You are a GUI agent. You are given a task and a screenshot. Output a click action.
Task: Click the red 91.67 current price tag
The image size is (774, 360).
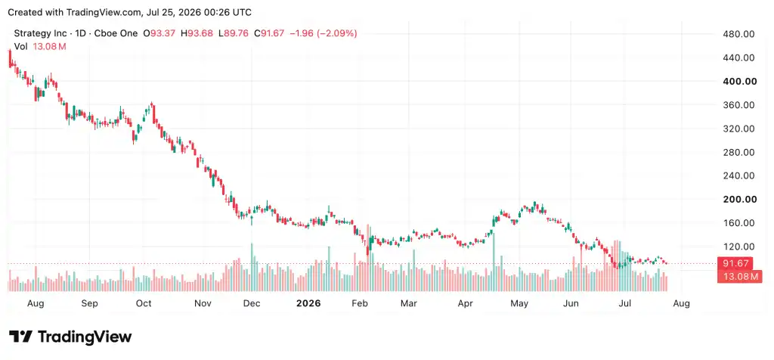click(738, 264)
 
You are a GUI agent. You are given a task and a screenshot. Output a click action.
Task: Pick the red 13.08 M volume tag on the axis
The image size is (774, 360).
click(738, 277)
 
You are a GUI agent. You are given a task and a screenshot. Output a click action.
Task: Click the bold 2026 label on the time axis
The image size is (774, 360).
click(308, 303)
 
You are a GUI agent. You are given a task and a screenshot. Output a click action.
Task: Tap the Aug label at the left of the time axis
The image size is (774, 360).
click(36, 303)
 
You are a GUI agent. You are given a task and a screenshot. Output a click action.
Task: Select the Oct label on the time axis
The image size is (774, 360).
click(144, 303)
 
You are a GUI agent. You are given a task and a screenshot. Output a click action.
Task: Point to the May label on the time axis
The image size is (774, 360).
click(519, 303)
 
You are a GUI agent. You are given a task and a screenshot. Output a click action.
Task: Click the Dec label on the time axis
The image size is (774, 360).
click(252, 303)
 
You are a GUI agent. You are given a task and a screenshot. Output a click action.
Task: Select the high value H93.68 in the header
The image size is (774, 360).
click(197, 33)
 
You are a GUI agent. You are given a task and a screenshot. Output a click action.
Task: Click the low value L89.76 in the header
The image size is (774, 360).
click(234, 33)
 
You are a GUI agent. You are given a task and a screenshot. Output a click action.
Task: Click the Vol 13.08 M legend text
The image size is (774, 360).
click(40, 46)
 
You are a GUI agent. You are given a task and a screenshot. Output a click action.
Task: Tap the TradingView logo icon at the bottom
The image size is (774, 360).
click(20, 337)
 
